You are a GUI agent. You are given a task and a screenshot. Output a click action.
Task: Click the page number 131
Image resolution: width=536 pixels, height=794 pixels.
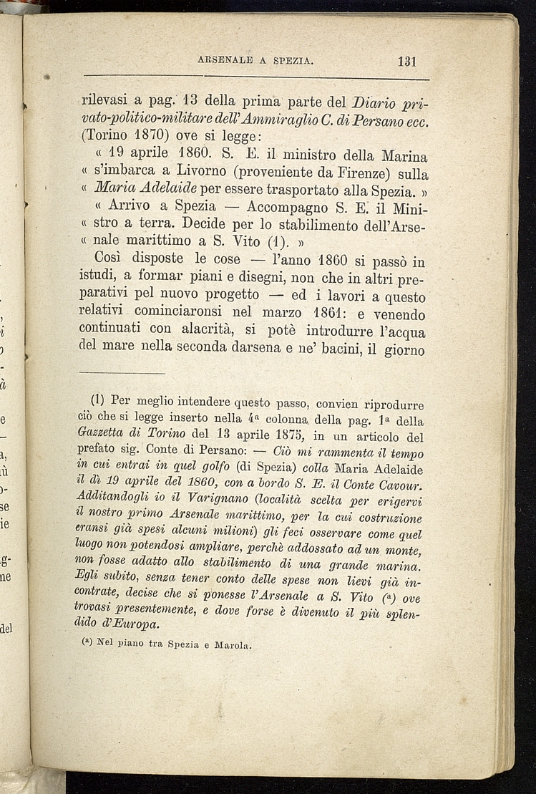(406, 61)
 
